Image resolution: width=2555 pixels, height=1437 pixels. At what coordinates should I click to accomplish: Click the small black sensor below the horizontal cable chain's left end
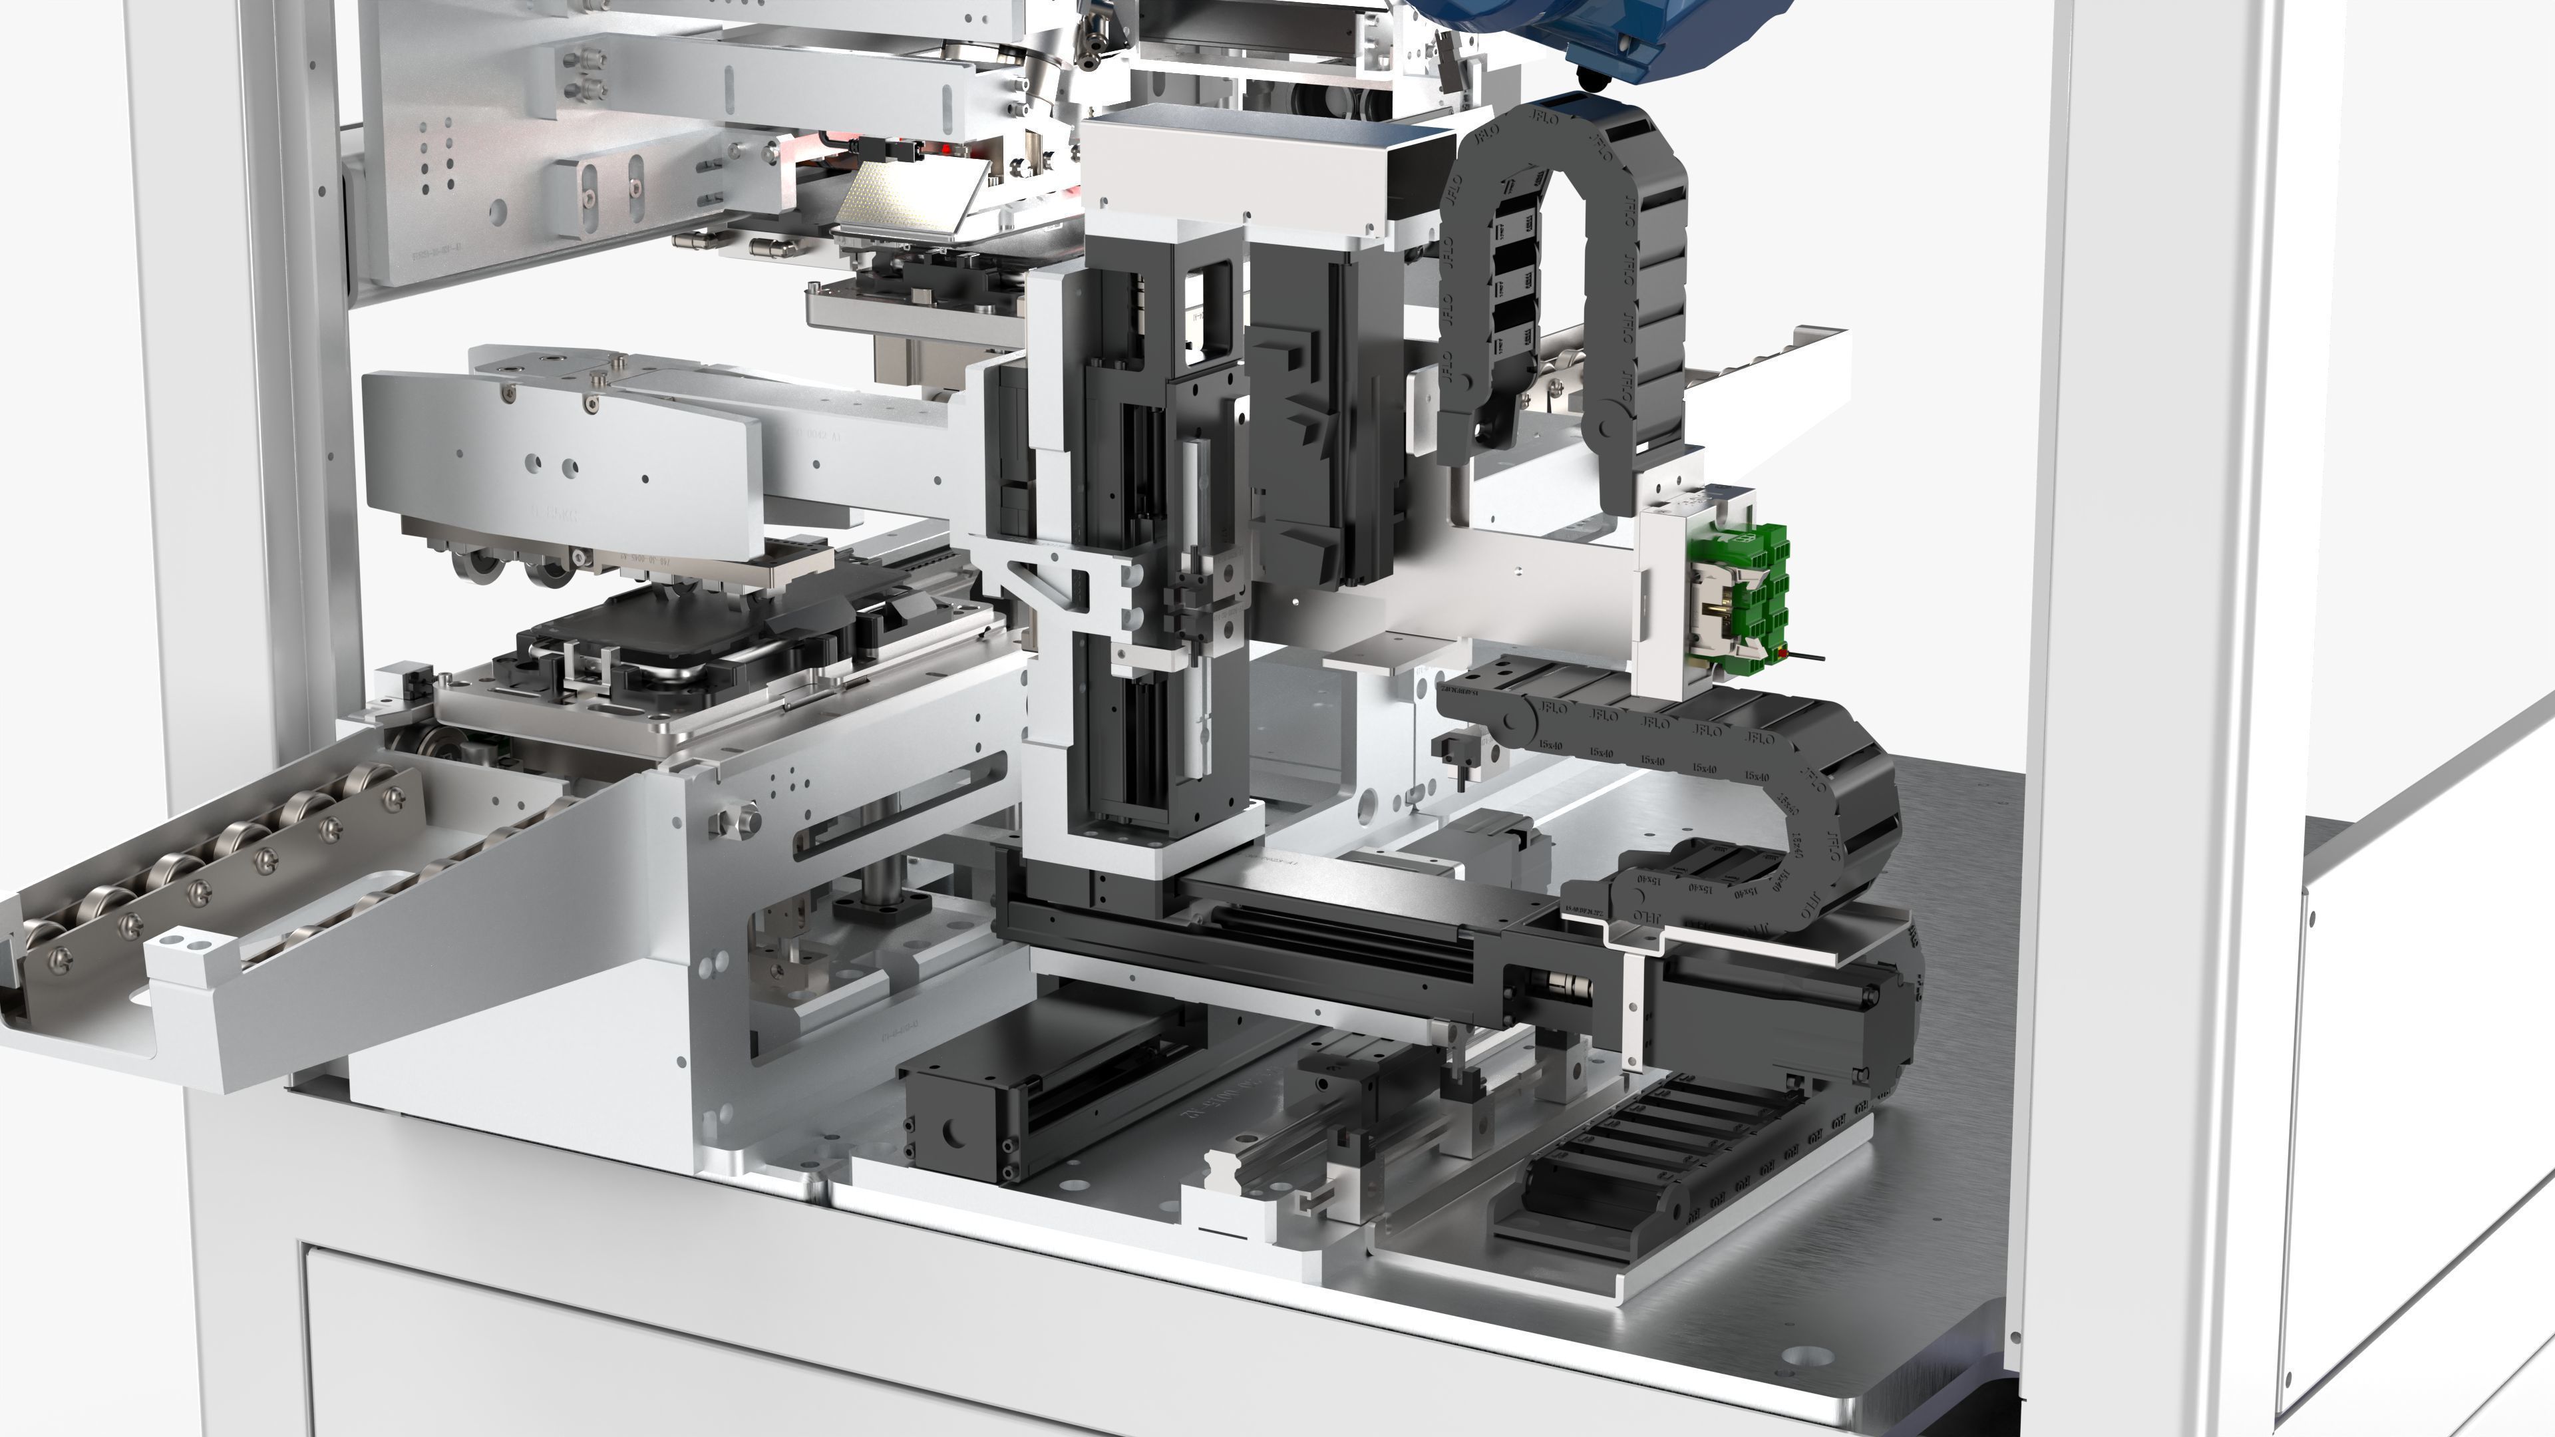(1458, 748)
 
